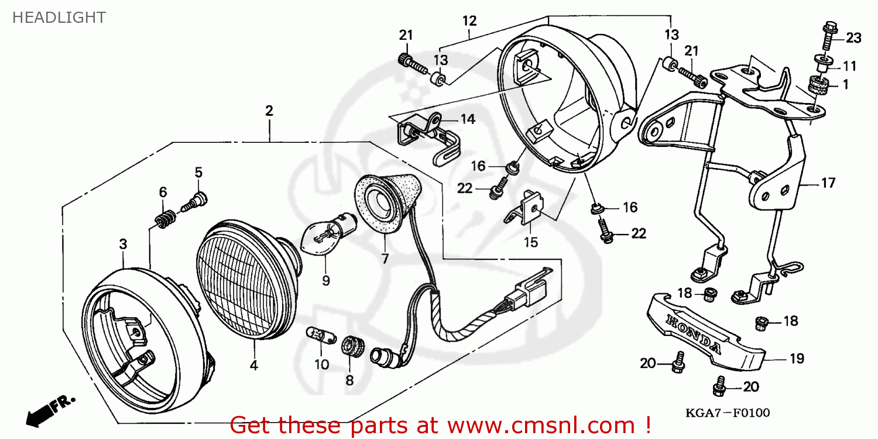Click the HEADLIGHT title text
pos(59,18)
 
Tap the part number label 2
pos(269,111)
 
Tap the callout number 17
pos(828,183)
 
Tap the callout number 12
pos(469,21)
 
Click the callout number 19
pos(797,359)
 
